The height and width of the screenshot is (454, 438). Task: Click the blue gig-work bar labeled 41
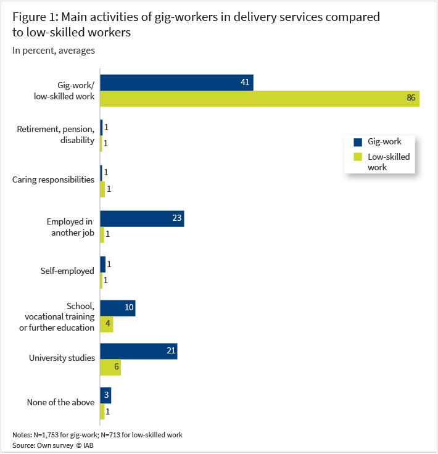click(176, 83)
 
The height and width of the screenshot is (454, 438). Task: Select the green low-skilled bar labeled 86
click(259, 99)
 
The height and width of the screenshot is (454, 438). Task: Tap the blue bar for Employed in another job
click(142, 219)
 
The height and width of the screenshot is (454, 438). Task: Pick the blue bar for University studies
click(138, 352)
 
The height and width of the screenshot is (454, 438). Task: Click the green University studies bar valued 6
click(110, 368)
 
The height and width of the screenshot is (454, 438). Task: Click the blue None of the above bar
click(105, 395)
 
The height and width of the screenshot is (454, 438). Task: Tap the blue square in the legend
click(358, 142)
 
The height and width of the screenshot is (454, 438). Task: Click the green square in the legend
click(358, 157)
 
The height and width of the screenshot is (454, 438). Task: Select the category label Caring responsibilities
click(54, 180)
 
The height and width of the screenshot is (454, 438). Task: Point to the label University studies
click(62, 358)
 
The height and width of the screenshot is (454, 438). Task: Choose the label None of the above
click(60, 403)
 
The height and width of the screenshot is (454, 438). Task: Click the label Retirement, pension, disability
click(56, 134)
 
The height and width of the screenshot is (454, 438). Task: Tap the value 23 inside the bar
click(175, 219)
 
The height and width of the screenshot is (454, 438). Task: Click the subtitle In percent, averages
click(54, 51)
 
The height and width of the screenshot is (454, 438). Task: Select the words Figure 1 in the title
click(35, 17)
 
